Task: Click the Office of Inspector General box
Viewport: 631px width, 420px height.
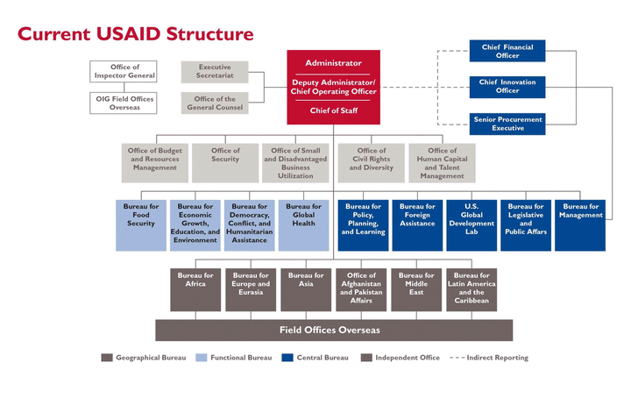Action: click(x=124, y=71)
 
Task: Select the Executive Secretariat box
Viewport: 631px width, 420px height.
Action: click(x=215, y=72)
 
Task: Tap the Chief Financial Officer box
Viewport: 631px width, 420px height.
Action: click(x=507, y=51)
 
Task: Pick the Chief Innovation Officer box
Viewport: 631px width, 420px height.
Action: click(x=507, y=87)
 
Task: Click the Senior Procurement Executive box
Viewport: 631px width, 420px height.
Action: click(x=507, y=124)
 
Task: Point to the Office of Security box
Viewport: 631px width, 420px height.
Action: click(x=225, y=163)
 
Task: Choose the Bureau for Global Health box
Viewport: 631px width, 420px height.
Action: click(x=303, y=225)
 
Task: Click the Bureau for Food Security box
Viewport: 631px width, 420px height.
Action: click(x=141, y=225)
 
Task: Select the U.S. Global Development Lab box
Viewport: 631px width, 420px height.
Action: click(x=471, y=225)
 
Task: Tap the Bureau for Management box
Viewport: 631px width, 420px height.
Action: click(x=580, y=225)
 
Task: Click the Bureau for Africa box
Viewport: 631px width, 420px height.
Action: click(x=195, y=289)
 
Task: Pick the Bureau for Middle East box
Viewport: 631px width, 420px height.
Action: click(x=416, y=289)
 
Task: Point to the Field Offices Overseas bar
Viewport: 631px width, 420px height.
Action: click(x=334, y=331)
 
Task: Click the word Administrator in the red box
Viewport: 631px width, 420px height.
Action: click(x=333, y=63)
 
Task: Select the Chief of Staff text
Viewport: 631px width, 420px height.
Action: click(x=334, y=110)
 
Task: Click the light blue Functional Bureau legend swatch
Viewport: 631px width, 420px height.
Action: click(x=202, y=358)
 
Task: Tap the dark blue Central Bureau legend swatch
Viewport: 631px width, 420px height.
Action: click(x=287, y=358)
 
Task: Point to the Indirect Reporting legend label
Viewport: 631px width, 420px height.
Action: click(x=498, y=358)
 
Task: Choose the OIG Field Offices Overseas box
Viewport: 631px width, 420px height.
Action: click(x=124, y=103)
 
